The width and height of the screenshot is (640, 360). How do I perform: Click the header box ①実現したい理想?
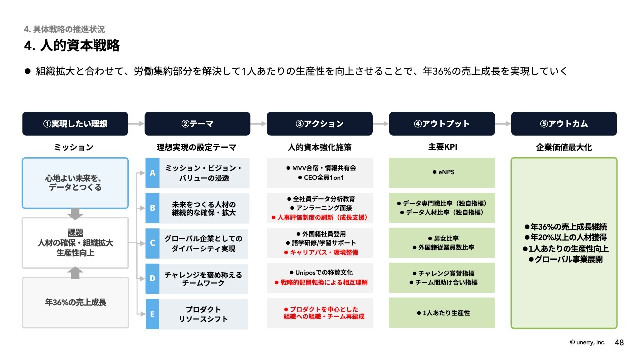click(x=75, y=123)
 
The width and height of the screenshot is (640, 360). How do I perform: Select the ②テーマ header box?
click(x=197, y=123)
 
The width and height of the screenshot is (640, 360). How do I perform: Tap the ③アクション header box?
click(x=320, y=123)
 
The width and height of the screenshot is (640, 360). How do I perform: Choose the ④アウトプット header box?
click(x=442, y=123)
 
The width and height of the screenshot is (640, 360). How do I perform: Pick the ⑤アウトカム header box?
click(x=564, y=123)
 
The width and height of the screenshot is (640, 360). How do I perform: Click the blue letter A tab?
click(x=152, y=173)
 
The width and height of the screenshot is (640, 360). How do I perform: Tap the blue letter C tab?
click(x=152, y=243)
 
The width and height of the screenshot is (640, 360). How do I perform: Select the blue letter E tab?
click(x=152, y=314)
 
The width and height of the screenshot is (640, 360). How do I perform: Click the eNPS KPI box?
click(x=442, y=173)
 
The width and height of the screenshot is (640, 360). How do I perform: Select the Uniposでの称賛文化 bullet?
click(x=321, y=273)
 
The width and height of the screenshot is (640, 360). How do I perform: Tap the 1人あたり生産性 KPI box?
click(x=442, y=313)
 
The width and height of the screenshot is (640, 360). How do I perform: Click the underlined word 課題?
click(x=75, y=233)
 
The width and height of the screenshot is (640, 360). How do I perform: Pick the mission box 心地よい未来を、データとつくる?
click(x=75, y=183)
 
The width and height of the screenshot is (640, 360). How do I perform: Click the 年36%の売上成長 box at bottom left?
click(x=75, y=303)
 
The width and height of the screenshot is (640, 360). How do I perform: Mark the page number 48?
click(x=619, y=343)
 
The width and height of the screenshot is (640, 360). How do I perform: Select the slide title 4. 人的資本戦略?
click(x=72, y=45)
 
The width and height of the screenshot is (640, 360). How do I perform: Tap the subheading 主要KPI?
click(x=442, y=147)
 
